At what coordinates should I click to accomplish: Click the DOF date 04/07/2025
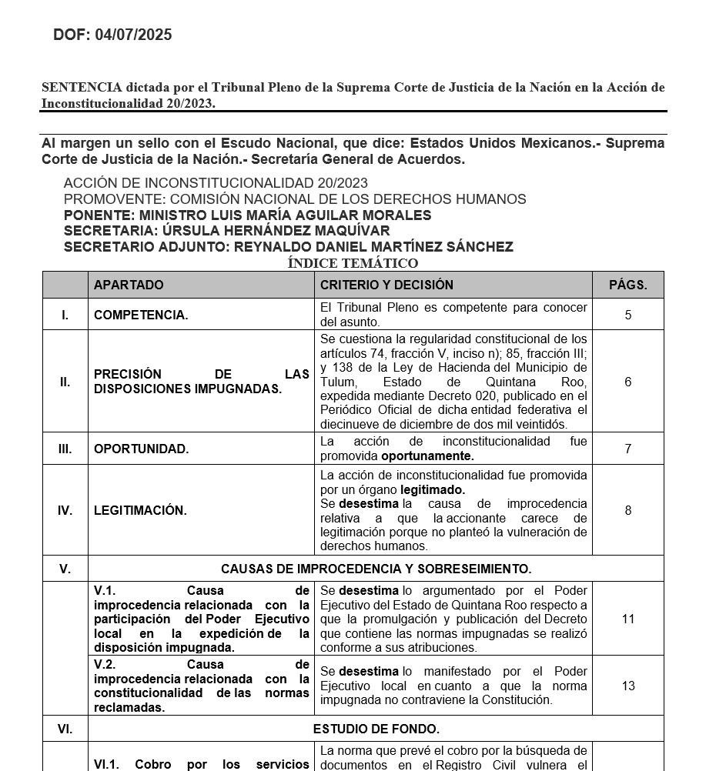(x=133, y=35)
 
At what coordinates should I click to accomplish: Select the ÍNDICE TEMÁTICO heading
(x=353, y=263)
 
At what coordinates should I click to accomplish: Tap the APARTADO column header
(x=129, y=285)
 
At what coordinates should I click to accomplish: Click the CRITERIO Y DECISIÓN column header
(x=386, y=285)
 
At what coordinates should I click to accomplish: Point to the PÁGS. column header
(x=627, y=285)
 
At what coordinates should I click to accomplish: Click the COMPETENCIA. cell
(x=141, y=315)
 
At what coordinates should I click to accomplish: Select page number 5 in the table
(x=628, y=315)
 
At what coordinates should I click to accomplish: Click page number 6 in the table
(x=628, y=382)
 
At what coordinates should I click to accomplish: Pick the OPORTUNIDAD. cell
(x=141, y=449)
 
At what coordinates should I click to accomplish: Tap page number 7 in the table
(x=628, y=449)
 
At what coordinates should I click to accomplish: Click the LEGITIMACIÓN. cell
(x=140, y=510)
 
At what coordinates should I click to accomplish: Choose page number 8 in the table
(x=628, y=510)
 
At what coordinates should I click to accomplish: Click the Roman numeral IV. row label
(x=65, y=510)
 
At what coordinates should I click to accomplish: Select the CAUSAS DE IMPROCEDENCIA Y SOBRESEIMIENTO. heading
(x=376, y=569)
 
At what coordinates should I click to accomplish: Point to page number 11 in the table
(x=628, y=619)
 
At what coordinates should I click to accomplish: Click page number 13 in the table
(x=628, y=686)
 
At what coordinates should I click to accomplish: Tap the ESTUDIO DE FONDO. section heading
(x=376, y=729)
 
